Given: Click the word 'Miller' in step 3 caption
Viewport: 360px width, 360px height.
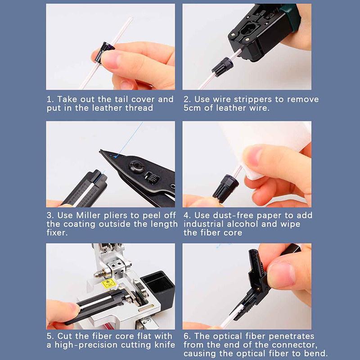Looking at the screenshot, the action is click(x=88, y=216).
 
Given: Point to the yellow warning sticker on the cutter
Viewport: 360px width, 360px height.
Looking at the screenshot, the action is click(x=108, y=283).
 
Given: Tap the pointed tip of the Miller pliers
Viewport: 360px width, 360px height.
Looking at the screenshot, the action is click(x=100, y=151).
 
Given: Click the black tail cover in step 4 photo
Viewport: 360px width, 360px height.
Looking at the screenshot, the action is click(x=225, y=189).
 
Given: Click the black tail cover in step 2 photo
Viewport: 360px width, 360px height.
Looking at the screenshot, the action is click(x=222, y=67).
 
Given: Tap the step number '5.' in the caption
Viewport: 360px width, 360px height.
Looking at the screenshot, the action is click(x=50, y=336).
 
